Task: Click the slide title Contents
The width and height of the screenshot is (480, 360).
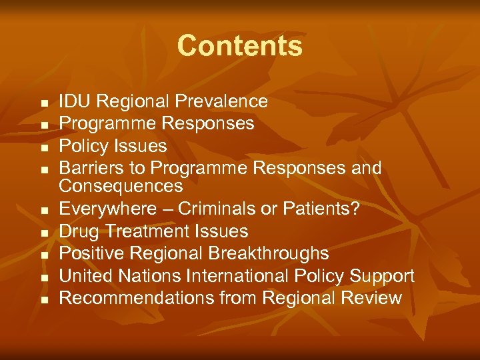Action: coord(240,46)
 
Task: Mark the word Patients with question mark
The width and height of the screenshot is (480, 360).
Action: coord(326,209)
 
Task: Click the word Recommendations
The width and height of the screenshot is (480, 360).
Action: coord(137,297)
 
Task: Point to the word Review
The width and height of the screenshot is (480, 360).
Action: coord(369,297)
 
